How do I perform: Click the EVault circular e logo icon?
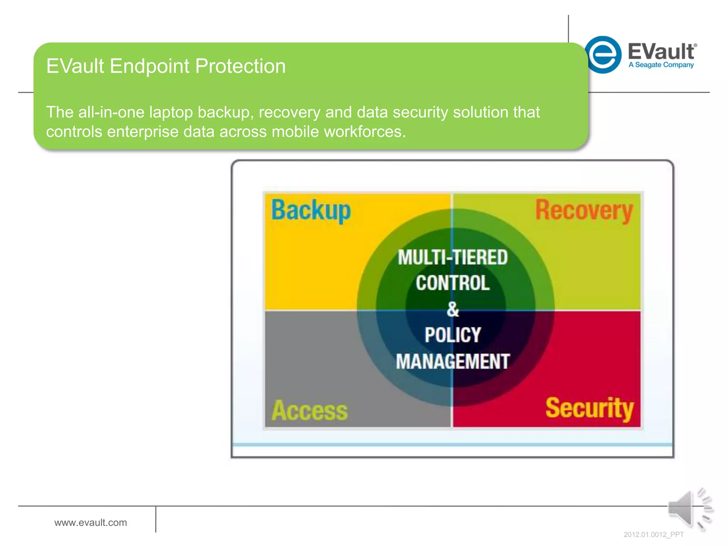603,55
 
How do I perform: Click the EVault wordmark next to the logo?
661,52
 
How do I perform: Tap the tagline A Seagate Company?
661,65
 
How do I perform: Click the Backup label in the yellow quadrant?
311,210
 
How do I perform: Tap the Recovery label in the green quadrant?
584,210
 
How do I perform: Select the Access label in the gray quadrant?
309,411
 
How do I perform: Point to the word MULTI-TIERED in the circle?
453,257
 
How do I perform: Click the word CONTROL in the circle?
453,283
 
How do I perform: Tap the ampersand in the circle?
453,309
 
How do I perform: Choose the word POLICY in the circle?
453,335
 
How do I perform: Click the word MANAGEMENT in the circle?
453,362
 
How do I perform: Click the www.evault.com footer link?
91,523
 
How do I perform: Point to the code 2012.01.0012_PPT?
653,535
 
